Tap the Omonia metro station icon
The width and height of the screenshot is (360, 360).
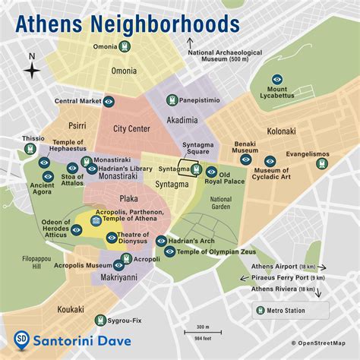124,47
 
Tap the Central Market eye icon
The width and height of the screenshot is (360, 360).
109,100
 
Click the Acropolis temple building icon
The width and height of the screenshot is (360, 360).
97,220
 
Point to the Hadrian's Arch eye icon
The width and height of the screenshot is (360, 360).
161,241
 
